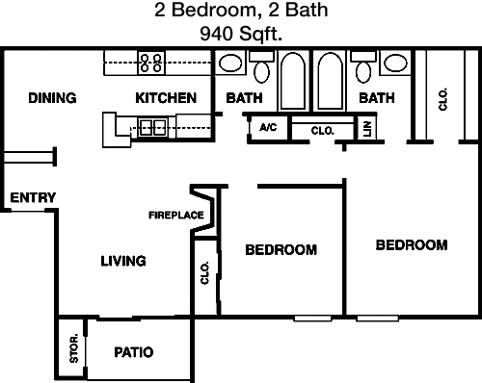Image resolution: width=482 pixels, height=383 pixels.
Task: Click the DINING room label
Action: (52, 98)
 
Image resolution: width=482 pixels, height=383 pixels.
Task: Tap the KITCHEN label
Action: (166, 98)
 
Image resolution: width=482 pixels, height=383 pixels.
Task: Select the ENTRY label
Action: (32, 198)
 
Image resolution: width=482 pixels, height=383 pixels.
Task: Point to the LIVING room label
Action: (123, 260)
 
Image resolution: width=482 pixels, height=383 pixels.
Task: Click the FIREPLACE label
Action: (175, 215)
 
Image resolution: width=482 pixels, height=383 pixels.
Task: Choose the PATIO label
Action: (133, 352)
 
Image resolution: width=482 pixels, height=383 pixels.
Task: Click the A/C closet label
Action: (266, 128)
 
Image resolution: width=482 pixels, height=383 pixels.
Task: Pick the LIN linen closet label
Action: (366, 128)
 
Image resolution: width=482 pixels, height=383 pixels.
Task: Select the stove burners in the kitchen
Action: (151, 63)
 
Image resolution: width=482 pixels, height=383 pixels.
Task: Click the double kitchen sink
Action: (149, 126)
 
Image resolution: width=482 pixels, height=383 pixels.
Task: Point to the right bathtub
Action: (331, 80)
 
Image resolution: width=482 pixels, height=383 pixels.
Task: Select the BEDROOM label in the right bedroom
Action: (411, 245)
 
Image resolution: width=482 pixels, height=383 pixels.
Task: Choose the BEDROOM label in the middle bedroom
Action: (281, 250)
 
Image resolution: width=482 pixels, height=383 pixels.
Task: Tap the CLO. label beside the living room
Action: (204, 274)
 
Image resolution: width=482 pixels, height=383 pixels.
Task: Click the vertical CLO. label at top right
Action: (442, 100)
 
